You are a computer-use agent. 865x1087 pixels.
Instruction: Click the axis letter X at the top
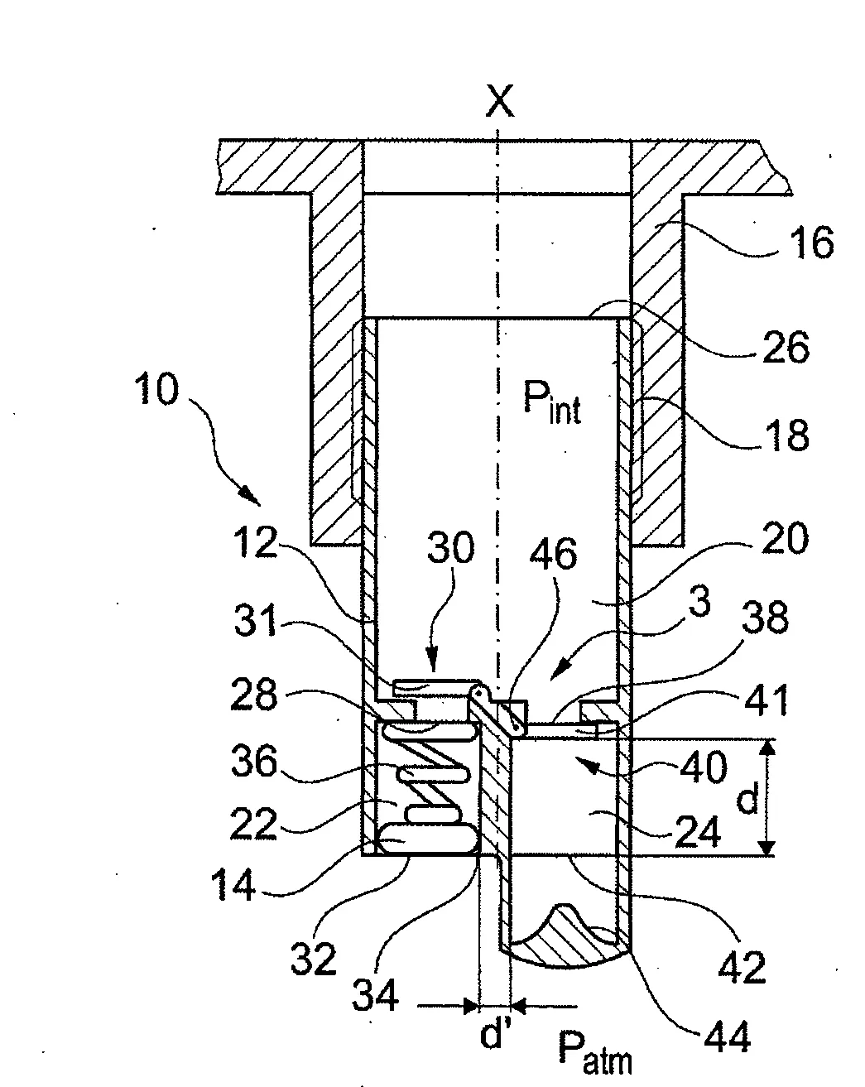point(499,101)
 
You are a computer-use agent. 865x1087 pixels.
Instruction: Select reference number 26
point(786,347)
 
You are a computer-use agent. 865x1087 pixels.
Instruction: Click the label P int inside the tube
point(552,402)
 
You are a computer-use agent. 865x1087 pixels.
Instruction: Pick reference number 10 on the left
point(156,389)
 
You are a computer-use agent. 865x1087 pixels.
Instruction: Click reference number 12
point(256,542)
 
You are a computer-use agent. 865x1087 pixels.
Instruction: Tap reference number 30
point(451,547)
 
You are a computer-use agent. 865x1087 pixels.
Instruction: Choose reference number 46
point(553,554)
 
